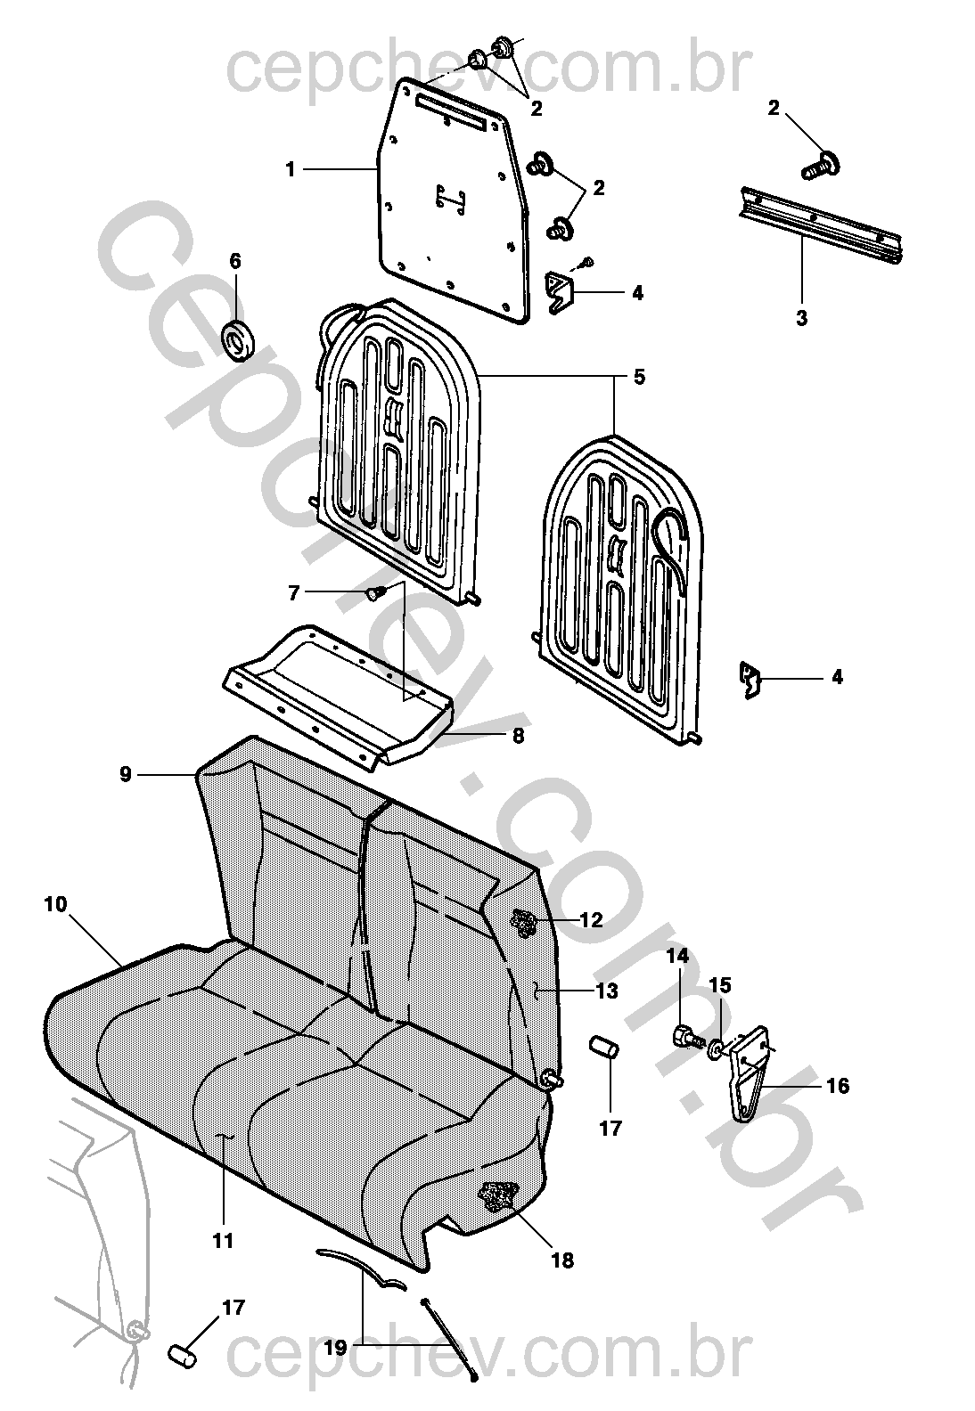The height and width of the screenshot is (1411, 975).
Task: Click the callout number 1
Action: (x=290, y=169)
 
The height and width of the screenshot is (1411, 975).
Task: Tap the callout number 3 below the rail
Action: (x=801, y=317)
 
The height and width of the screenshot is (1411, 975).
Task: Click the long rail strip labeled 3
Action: (x=821, y=226)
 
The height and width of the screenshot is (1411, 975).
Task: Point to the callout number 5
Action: (x=639, y=377)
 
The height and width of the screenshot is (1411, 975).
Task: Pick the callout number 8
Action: (x=518, y=737)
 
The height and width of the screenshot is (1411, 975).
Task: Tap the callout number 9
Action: (x=126, y=774)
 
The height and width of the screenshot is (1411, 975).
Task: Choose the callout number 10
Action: (x=55, y=904)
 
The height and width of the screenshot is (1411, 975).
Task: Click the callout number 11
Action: (x=223, y=1240)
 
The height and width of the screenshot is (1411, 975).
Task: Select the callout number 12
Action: (x=592, y=920)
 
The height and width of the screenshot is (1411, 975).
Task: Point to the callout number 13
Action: (x=607, y=991)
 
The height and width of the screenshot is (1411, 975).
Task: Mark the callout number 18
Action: (x=562, y=1260)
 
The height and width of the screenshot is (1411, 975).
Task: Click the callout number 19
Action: (x=335, y=1348)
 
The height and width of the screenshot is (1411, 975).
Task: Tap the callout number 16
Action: (x=838, y=1086)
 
